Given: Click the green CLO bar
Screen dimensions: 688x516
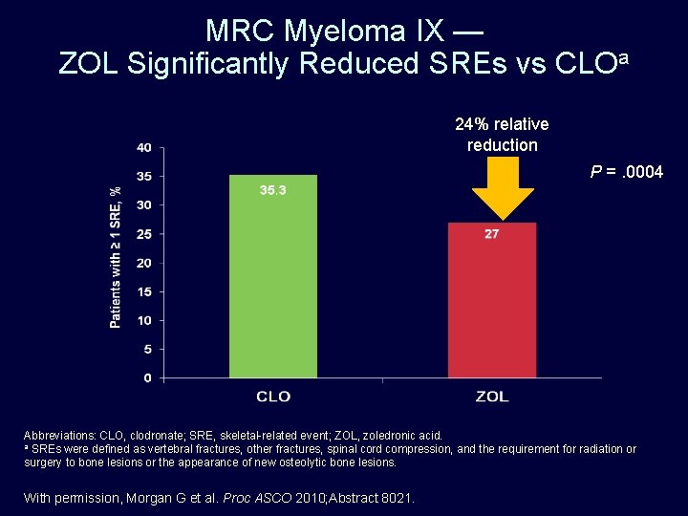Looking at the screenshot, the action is tap(273, 276).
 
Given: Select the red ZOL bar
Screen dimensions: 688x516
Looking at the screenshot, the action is tap(492, 300).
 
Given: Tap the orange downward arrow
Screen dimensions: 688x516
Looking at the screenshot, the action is tap(503, 188).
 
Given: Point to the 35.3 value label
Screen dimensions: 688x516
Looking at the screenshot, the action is tap(272, 190).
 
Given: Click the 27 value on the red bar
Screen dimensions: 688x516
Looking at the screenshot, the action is tap(491, 234).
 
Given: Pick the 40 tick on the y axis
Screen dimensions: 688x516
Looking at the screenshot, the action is tap(144, 147).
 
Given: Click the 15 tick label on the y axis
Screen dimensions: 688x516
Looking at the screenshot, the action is tap(144, 291).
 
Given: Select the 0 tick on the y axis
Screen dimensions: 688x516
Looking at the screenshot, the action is tap(148, 377).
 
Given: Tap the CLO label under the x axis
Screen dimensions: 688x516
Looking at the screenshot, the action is tap(273, 397).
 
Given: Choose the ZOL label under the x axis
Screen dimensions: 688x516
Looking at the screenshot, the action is tap(492, 397).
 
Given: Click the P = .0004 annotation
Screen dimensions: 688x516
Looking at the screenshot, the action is tap(627, 172).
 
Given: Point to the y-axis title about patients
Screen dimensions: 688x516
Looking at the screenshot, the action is tap(116, 258).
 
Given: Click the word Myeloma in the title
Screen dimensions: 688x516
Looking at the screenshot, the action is tap(344, 32).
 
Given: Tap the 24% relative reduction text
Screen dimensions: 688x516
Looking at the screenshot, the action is tap(502, 135).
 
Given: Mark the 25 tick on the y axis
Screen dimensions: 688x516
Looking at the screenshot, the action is tap(144, 234).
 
